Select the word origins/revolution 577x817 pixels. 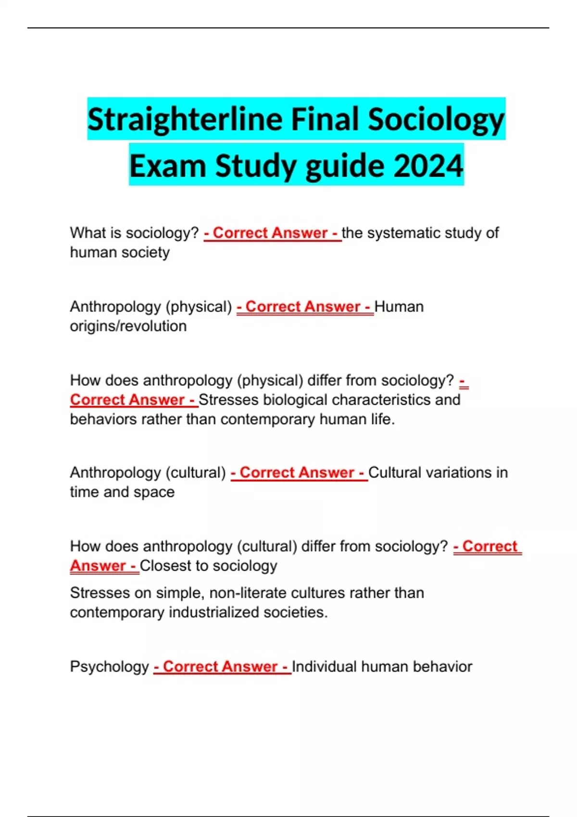coord(128,326)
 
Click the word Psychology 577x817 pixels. coord(110,667)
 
